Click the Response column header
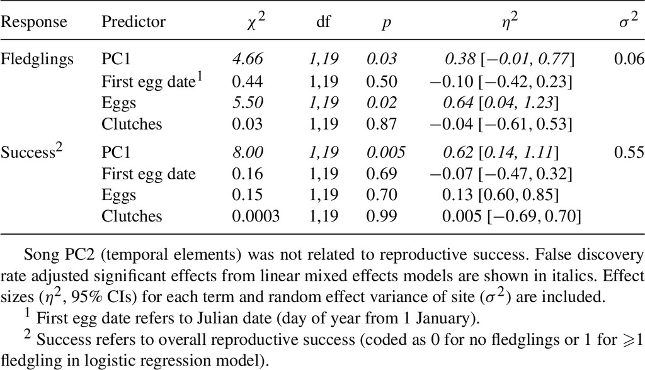click(x=33, y=22)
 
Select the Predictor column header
click(x=134, y=21)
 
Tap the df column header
click(x=323, y=21)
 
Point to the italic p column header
click(x=386, y=23)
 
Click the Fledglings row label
click(x=37, y=60)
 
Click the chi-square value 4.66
click(x=247, y=59)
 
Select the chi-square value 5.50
click(x=247, y=103)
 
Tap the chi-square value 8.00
click(x=247, y=152)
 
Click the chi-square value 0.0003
click(x=256, y=216)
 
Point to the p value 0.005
click(x=386, y=152)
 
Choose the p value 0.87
click(x=382, y=124)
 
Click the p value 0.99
click(x=382, y=216)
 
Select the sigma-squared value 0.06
click(x=629, y=59)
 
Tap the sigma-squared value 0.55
click(x=629, y=152)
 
